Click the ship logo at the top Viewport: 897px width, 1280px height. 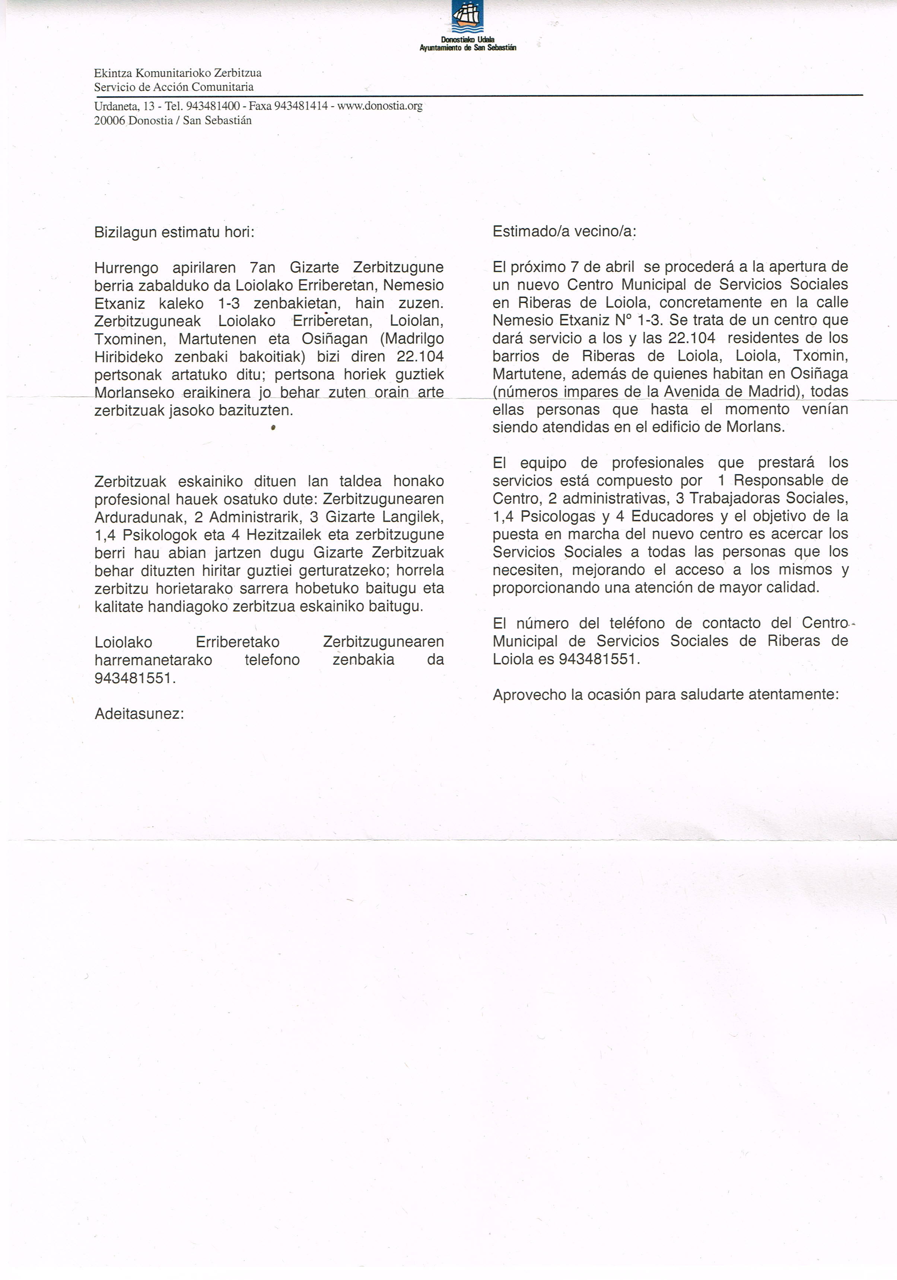[x=467, y=17]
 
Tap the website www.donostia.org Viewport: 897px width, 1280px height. [x=379, y=106]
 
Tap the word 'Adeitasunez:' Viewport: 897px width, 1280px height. [x=139, y=714]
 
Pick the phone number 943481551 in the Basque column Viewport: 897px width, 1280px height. [x=135, y=679]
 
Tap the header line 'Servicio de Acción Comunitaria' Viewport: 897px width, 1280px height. [x=174, y=87]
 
